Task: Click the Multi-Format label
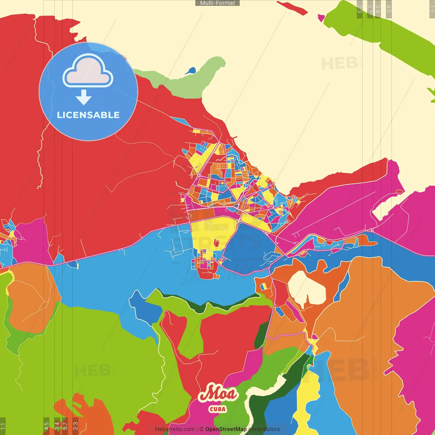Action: (217, 3)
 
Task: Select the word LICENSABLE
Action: (88, 115)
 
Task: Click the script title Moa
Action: (217, 394)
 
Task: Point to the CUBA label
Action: (217, 409)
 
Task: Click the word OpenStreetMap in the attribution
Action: (226, 429)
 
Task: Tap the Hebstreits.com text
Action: (175, 429)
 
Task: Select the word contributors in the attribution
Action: (264, 429)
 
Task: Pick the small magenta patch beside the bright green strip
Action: (321, 18)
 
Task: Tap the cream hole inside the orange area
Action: (307, 288)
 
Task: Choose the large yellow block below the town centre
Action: (211, 234)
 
